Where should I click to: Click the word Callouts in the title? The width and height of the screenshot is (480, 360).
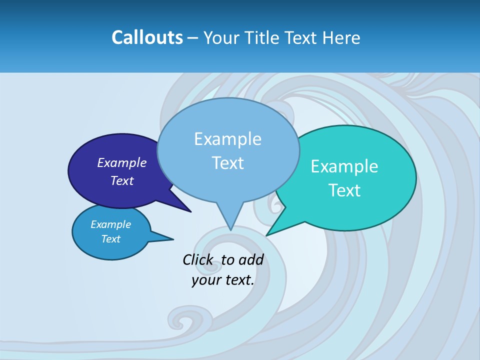[x=147, y=37]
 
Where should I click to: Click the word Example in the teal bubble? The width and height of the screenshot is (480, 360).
[x=344, y=166]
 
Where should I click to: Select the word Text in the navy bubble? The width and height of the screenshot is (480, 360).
[x=121, y=180]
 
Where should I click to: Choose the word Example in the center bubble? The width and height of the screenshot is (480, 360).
[x=228, y=138]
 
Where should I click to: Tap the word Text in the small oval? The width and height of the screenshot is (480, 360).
[x=110, y=239]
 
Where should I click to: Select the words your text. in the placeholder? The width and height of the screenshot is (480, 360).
[x=223, y=280]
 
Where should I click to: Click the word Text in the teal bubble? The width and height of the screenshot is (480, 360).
[x=344, y=190]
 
